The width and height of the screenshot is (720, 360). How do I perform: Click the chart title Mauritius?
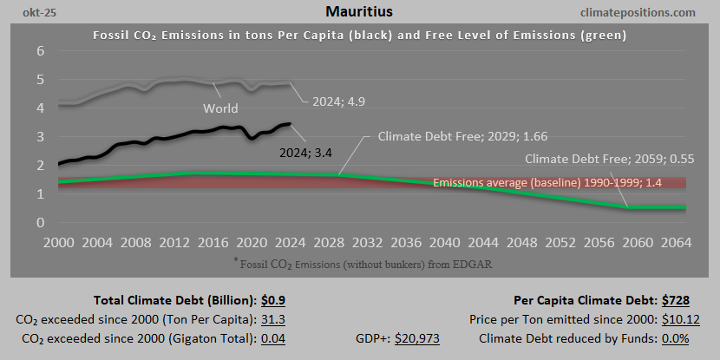pyautogui.click(x=359, y=12)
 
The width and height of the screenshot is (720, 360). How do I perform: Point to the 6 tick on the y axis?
pyautogui.click(x=40, y=51)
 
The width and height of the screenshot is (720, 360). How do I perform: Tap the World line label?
pyautogui.click(x=221, y=109)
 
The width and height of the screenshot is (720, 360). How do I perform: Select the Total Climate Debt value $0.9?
pyautogui.click(x=274, y=301)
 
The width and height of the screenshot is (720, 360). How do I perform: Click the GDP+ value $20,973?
pyautogui.click(x=417, y=338)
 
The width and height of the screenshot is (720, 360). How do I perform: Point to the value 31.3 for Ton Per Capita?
pyautogui.click(x=273, y=319)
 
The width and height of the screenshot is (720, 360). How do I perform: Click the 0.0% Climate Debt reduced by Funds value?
pyautogui.click(x=688, y=338)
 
